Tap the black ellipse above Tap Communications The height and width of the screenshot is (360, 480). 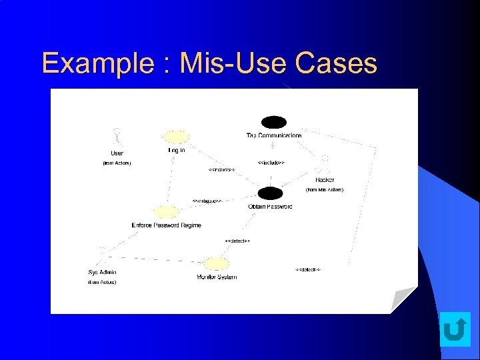pos(273,122)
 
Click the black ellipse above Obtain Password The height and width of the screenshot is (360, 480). pos(270,193)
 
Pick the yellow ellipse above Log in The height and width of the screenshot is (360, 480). pos(177,137)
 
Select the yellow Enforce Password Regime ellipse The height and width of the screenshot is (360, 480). pos(166,212)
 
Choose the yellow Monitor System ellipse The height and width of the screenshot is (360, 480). pos(216,263)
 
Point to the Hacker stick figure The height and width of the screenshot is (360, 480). pos(325,164)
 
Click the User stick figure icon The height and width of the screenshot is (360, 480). pos(117,137)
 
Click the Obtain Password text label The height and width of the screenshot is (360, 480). pos(270,207)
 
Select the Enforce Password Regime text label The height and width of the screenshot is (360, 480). pos(166,225)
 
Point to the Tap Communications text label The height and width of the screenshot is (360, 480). pos(274,135)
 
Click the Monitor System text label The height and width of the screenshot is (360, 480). pos(217,277)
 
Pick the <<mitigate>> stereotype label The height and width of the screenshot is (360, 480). pos(207,201)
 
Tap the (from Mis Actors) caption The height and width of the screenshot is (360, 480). pos(325,190)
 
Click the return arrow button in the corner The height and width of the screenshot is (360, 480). pos(455,329)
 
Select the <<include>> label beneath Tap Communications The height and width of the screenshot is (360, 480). pos(271,163)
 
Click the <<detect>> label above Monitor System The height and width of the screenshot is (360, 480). pos(237,241)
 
